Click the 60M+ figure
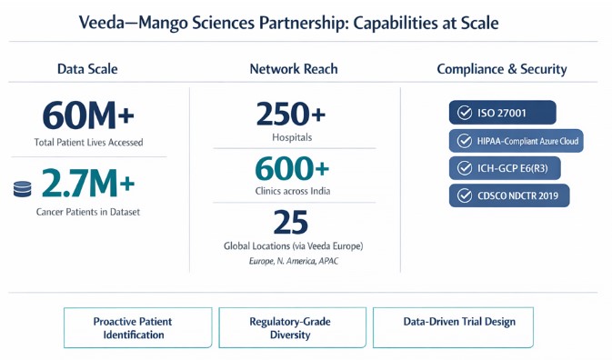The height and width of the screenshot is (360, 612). [88, 115]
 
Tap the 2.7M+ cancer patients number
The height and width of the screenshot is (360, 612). [88, 183]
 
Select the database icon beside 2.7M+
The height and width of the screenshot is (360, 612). [22, 189]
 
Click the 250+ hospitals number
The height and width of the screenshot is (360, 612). [291, 114]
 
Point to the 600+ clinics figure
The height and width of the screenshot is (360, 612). [292, 168]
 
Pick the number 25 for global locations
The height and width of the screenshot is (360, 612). [291, 222]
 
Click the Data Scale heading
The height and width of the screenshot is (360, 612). [87, 69]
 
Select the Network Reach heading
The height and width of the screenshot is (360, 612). [294, 69]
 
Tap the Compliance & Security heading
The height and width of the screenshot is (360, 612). [502, 69]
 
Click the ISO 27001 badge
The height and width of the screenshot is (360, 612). [502, 113]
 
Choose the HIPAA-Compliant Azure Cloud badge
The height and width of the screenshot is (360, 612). [516, 141]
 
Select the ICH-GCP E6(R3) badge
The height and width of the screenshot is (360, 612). [505, 168]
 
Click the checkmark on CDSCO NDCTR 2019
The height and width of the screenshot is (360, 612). [465, 195]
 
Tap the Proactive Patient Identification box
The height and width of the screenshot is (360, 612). [138, 327]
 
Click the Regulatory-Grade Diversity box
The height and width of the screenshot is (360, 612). [292, 327]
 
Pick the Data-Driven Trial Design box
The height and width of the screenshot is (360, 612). [453, 327]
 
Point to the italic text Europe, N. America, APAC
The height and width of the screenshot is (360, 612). [294, 261]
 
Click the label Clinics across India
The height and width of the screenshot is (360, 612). [293, 191]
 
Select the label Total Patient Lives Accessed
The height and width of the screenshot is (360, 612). [88, 142]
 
